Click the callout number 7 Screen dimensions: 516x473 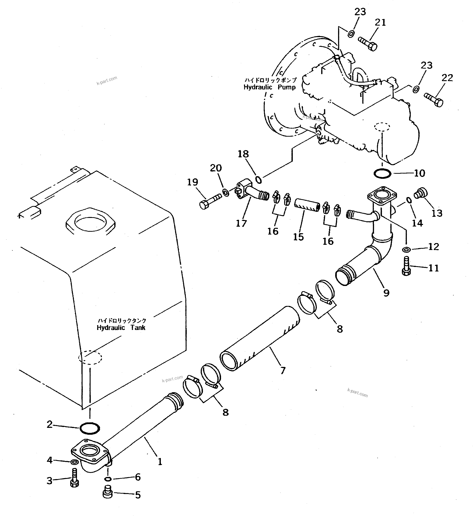(283, 370)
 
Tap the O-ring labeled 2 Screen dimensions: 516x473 (90, 428)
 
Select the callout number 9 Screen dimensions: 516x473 (386, 292)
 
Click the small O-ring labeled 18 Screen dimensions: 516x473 (259, 180)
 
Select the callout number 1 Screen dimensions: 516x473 (160, 462)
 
